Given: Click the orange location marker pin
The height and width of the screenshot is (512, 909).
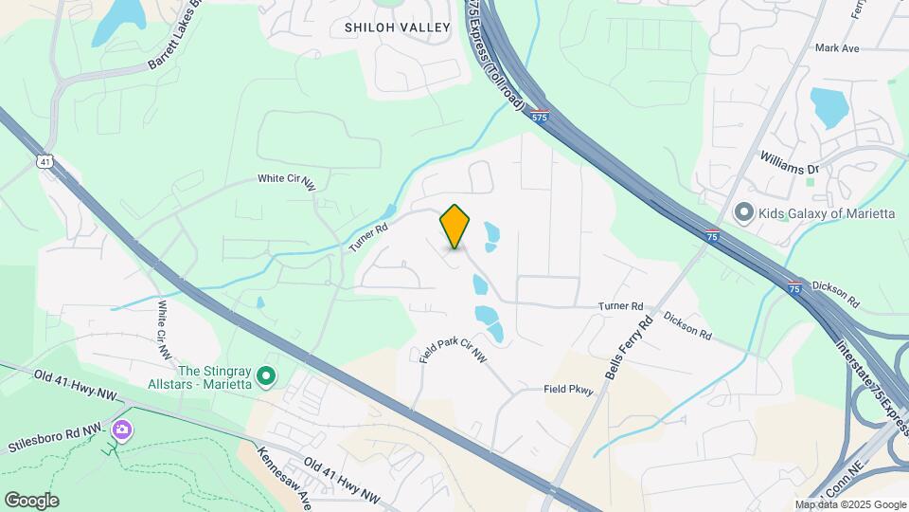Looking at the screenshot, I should [x=455, y=227].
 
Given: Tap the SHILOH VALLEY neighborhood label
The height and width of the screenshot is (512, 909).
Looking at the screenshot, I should [x=397, y=27].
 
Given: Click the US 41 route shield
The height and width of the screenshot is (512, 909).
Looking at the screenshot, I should [x=45, y=162].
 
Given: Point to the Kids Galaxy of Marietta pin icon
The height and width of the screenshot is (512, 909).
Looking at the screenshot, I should [x=743, y=212].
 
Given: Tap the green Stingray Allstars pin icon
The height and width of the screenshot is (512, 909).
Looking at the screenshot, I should [x=267, y=377].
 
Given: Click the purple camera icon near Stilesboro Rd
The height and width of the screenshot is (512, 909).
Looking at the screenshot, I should [x=121, y=430].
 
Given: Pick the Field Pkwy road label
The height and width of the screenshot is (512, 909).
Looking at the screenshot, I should [x=568, y=389].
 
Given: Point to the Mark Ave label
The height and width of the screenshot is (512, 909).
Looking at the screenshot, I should [x=836, y=47].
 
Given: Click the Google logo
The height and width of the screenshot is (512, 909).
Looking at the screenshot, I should [x=31, y=501].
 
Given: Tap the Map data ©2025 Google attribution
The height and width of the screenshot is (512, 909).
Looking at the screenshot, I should [x=849, y=504].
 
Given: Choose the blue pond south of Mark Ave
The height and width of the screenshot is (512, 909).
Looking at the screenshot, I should [x=829, y=107].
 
